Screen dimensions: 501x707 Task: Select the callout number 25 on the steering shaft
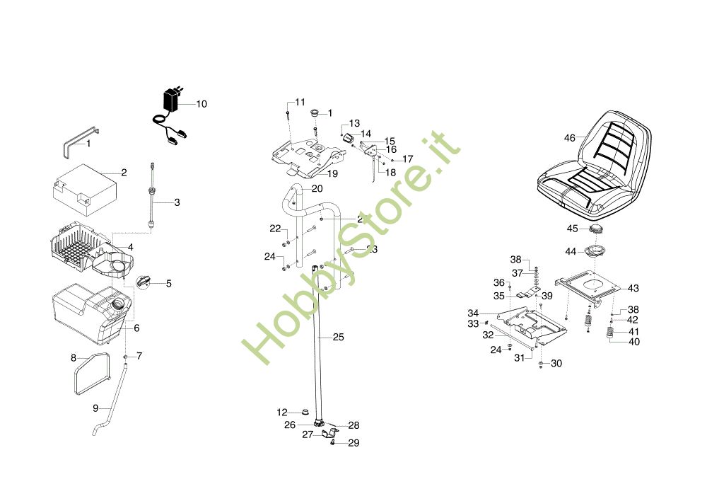click(x=338, y=338)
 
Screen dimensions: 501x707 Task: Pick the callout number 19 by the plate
click(x=332, y=173)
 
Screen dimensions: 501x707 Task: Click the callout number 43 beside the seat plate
click(x=633, y=288)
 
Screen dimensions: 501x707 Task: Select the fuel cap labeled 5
click(x=144, y=281)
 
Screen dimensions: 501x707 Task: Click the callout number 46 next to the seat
click(x=570, y=138)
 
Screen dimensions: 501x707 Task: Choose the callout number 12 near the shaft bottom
click(x=282, y=412)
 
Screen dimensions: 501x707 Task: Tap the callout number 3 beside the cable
click(x=177, y=202)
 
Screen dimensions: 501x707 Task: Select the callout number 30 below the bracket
click(x=556, y=364)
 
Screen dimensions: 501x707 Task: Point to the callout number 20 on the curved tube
click(x=317, y=189)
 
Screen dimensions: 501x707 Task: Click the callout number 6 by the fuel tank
click(x=136, y=328)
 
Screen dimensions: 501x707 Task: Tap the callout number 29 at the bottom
click(x=353, y=443)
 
